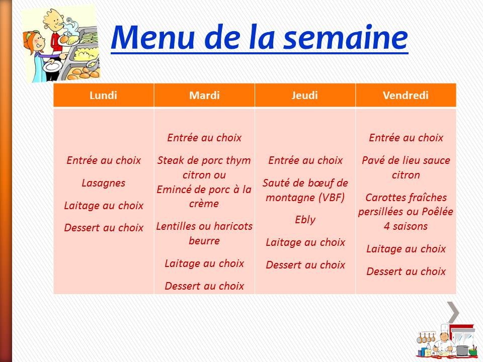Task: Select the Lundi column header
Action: point(103,95)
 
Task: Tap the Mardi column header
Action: point(204,95)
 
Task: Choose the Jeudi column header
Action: point(305,95)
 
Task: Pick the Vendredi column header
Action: point(406,95)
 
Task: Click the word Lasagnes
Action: point(103,183)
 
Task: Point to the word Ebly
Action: point(305,220)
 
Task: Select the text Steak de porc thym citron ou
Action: point(204,168)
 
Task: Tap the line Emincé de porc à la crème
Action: point(204,197)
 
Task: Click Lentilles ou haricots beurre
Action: point(204,233)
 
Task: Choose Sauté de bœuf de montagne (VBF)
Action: point(305,190)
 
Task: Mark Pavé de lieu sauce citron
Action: point(406,168)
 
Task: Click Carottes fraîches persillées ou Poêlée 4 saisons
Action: point(406,212)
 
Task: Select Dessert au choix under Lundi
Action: point(103,228)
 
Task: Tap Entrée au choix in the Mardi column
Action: point(204,138)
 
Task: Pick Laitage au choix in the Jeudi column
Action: point(305,242)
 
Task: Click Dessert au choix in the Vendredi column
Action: point(406,271)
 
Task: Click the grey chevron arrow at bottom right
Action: point(453,312)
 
